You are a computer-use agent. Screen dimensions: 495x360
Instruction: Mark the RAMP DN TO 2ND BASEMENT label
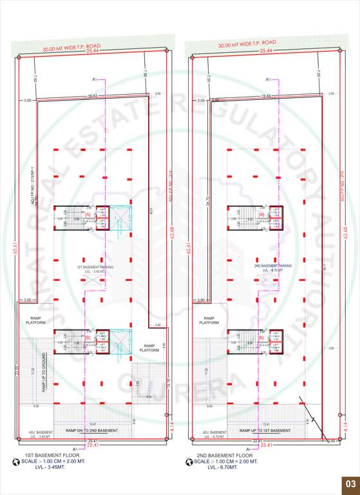tap(92, 430)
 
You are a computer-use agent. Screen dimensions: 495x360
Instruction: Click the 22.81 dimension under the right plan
tap(259, 440)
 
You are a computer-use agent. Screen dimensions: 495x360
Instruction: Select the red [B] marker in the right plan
tap(261, 338)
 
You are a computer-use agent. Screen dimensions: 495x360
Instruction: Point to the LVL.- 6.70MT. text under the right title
tap(222, 467)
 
